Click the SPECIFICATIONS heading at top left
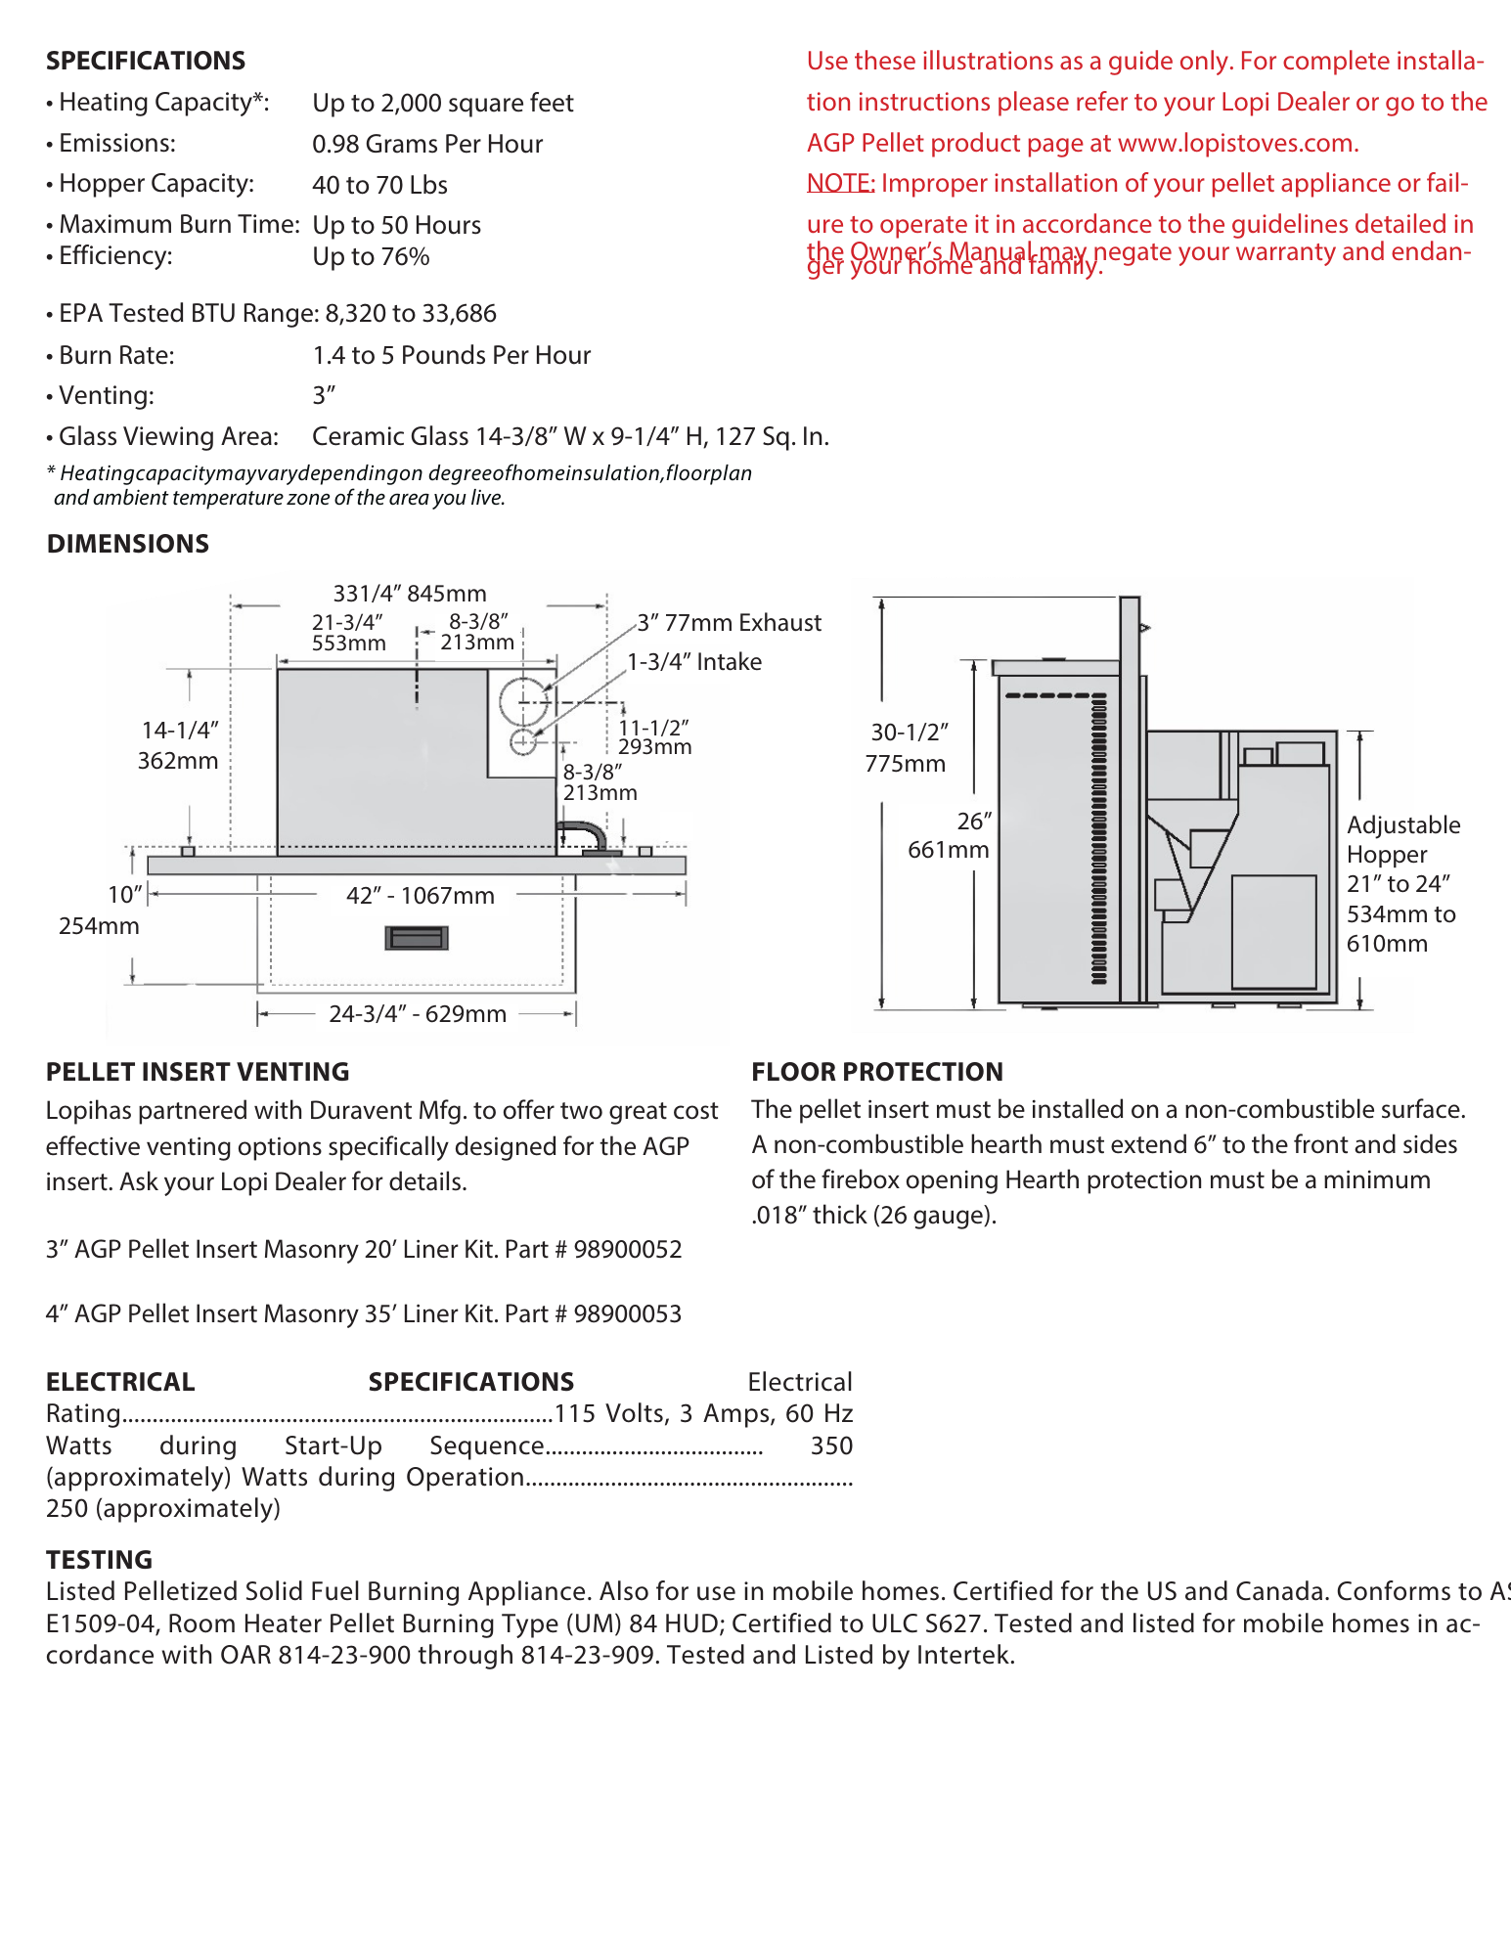(146, 61)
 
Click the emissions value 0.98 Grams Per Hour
(427, 144)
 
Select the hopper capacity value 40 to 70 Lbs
(379, 185)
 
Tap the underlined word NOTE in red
(839, 184)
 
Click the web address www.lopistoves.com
(1236, 144)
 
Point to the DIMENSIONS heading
(127, 544)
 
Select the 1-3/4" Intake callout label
(694, 662)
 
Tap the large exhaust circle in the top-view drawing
(524, 700)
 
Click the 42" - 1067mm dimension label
(421, 896)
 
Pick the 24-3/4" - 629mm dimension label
(418, 1014)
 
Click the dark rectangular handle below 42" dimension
(418, 939)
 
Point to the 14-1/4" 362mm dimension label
(178, 745)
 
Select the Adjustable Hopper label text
(1402, 839)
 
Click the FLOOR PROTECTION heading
(876, 1072)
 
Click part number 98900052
(627, 1250)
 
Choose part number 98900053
(627, 1314)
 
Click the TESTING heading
(99, 1560)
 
